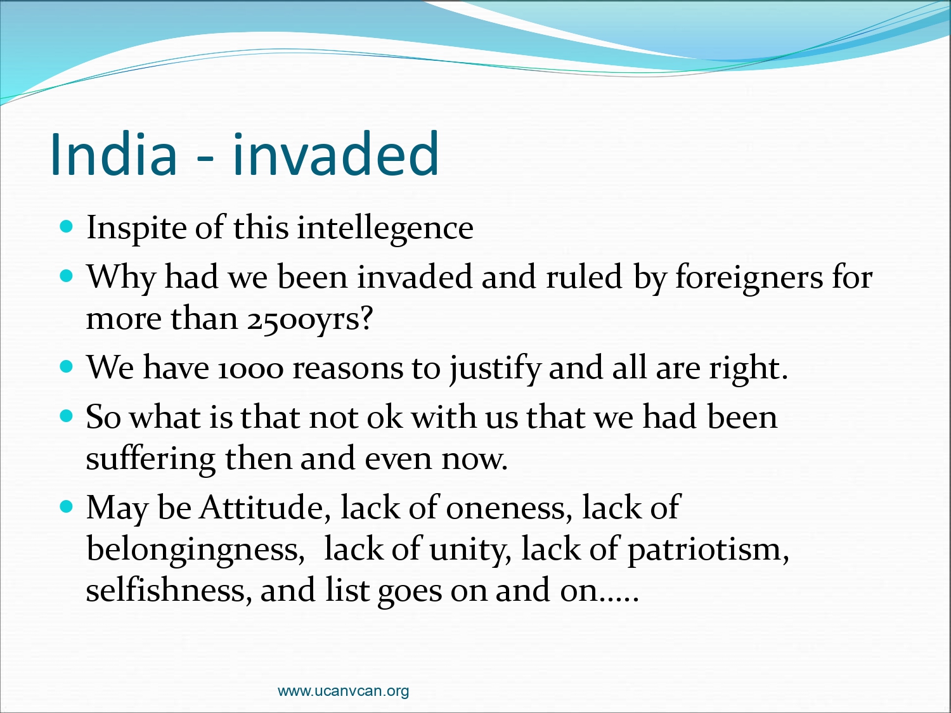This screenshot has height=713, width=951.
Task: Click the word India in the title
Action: point(114,154)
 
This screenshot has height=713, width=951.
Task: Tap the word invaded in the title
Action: point(336,154)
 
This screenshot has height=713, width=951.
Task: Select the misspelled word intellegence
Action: point(385,228)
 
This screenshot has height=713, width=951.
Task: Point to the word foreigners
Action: point(749,277)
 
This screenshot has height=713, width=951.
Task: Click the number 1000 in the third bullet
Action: point(250,369)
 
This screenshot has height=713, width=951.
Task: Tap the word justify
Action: point(495,369)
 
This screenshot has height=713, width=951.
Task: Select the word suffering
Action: point(150,459)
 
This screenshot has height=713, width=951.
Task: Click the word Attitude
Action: point(265,508)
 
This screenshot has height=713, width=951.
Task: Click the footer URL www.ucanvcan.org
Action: point(343,691)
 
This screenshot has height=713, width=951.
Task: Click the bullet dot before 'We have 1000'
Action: point(67,367)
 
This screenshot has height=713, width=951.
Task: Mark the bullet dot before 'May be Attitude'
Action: point(67,506)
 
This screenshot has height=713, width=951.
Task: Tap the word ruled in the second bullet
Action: point(584,277)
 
